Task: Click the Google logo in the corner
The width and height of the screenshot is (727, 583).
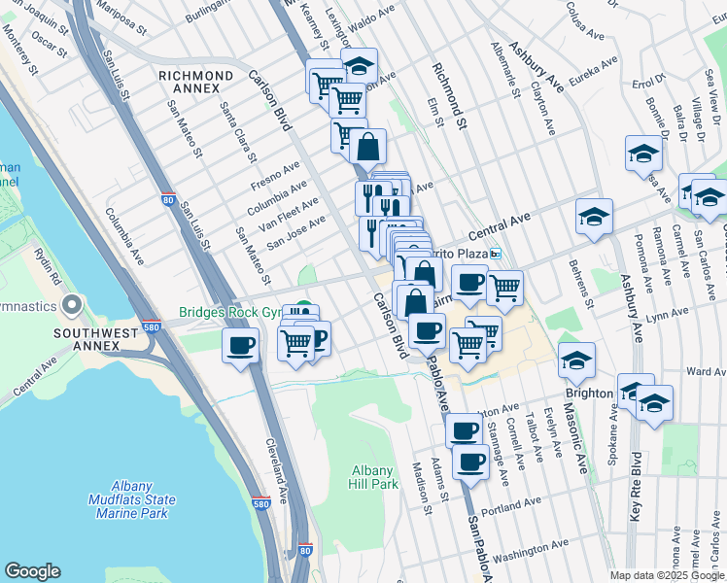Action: point(32,571)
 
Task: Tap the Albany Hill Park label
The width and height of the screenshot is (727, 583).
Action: point(374,477)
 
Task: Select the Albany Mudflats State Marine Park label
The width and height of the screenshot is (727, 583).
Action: point(129,499)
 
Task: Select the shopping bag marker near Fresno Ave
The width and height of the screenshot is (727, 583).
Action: point(368,148)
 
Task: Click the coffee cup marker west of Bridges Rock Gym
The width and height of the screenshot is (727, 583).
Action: point(240,345)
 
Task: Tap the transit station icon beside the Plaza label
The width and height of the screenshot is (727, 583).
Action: point(495,254)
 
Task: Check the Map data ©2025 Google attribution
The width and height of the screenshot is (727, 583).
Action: point(666,575)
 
